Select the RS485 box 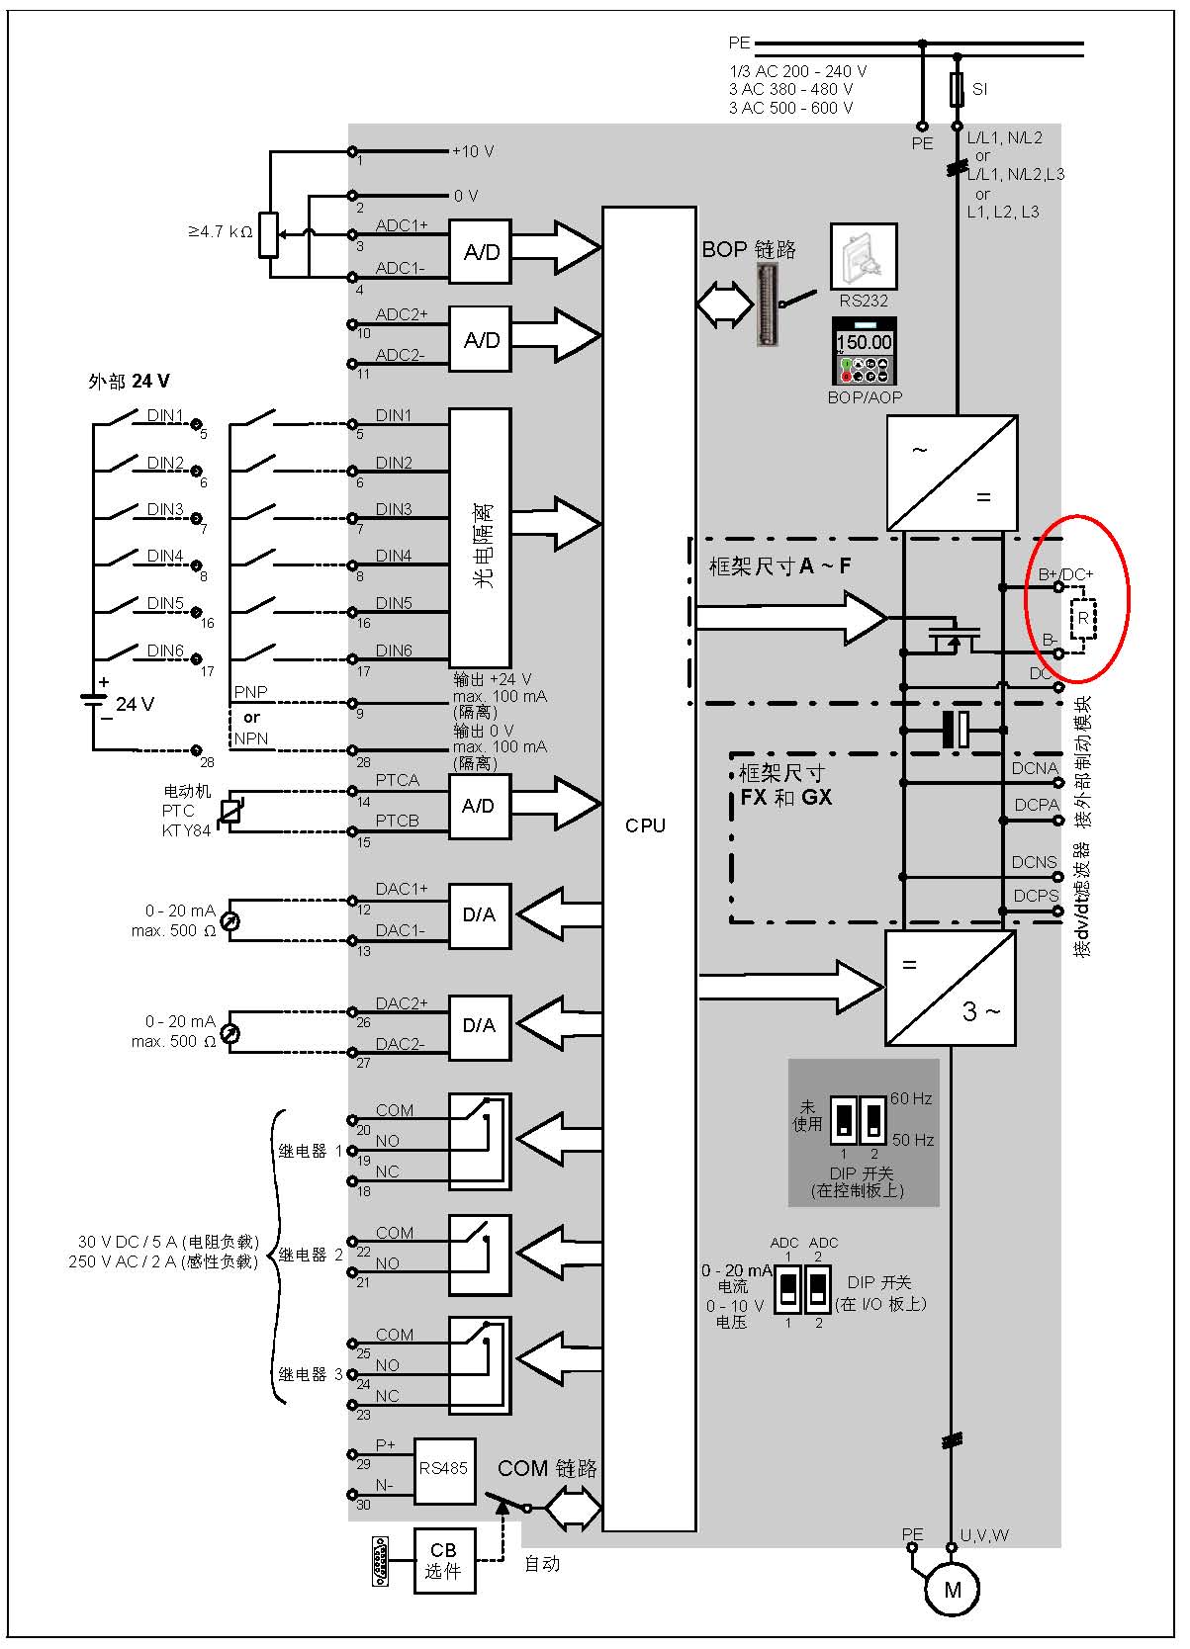coord(444,1469)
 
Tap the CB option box coord(444,1560)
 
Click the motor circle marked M coord(953,1589)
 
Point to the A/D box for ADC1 coord(481,252)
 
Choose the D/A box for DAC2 coord(480,1026)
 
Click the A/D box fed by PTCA coord(480,806)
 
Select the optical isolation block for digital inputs coord(481,539)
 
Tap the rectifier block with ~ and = coord(952,473)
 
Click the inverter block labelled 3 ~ coord(950,988)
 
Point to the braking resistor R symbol coord(1083,618)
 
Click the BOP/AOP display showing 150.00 coord(865,351)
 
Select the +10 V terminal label coord(473,151)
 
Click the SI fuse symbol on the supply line coord(957,89)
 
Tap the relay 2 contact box coord(481,1255)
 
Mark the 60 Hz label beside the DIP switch coord(911,1098)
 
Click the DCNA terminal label coord(1035,768)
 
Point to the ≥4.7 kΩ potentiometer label coord(220,232)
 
